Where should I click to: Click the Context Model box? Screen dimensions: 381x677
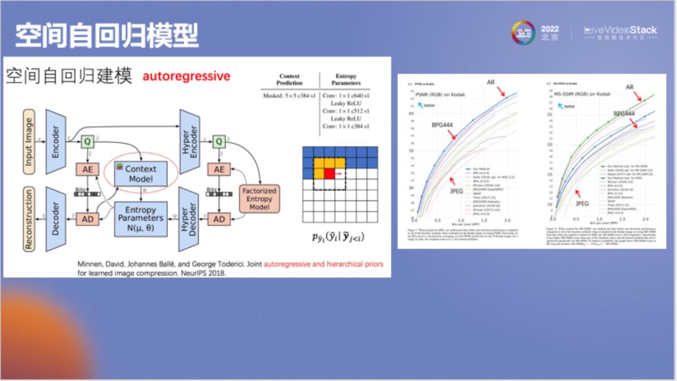140,173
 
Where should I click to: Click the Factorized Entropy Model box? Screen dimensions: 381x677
259,198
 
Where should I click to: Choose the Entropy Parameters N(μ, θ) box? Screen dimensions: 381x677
140,218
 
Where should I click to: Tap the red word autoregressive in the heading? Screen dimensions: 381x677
186,76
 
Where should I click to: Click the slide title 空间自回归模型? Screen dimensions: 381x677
107,36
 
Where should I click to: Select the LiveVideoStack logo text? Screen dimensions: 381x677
621,30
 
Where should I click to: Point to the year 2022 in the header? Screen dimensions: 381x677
550,29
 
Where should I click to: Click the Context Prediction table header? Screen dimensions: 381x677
289,80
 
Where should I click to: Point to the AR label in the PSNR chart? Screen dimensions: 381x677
491,82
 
